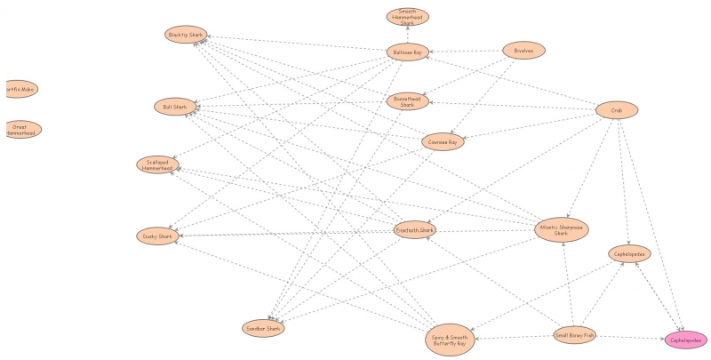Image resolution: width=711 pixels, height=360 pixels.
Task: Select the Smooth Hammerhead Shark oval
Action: [x=408, y=17]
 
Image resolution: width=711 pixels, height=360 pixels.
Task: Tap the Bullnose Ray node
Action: [x=408, y=53]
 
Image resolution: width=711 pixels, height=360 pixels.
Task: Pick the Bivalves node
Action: [x=523, y=51]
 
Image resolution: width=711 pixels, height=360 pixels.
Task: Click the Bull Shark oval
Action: [x=175, y=108]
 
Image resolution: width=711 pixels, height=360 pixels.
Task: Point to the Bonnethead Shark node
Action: [x=408, y=101]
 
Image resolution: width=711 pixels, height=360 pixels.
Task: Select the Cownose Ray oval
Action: [x=443, y=141]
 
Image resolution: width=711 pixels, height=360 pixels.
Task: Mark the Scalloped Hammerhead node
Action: [x=157, y=164]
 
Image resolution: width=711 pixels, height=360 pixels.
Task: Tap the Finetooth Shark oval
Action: [x=415, y=230]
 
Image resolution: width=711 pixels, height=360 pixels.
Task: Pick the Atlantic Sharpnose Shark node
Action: [x=561, y=230]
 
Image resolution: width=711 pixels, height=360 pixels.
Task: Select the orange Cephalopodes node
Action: [x=629, y=254]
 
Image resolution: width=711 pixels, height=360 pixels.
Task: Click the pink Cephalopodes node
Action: [x=686, y=340]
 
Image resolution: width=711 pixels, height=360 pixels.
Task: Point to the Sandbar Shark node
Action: [x=263, y=329]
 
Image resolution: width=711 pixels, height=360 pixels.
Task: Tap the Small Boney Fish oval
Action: [x=575, y=335]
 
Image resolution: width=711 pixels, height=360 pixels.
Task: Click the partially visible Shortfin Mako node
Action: [x=19, y=89]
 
